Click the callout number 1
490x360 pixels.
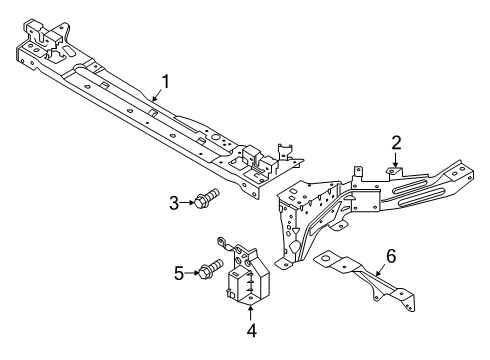167,81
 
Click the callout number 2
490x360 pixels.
396,143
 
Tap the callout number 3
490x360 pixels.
174,204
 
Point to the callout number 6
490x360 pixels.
391,257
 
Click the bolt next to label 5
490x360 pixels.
209,270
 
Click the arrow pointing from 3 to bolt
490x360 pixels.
188,204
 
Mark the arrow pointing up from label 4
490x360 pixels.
251,312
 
